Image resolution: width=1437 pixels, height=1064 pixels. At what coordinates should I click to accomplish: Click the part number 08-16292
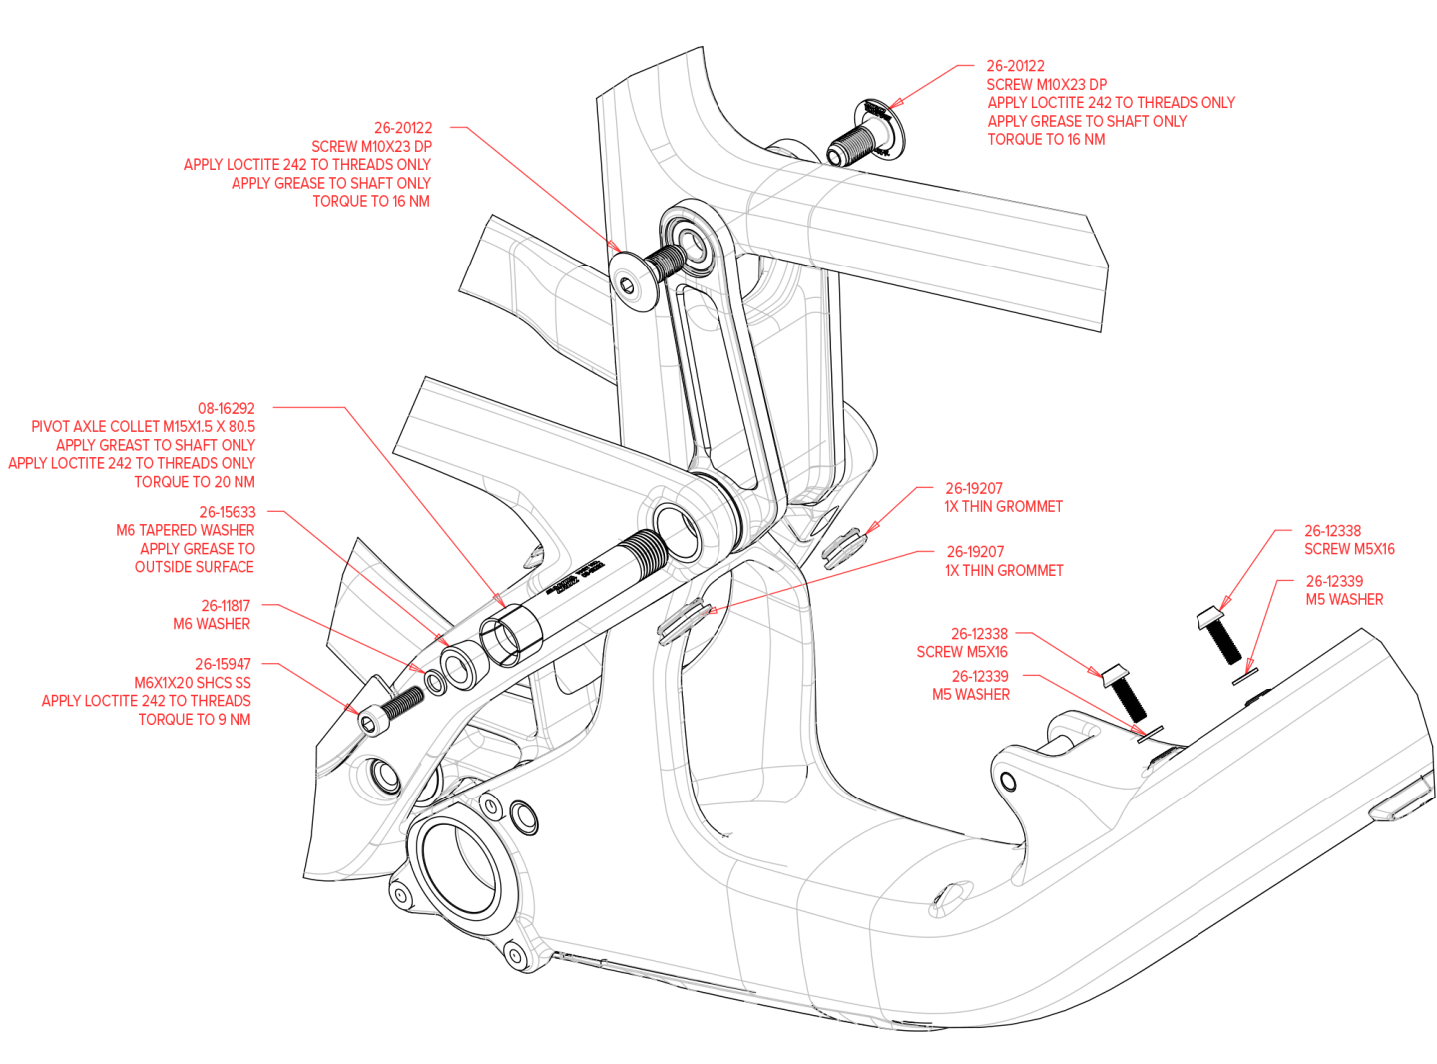coord(226,408)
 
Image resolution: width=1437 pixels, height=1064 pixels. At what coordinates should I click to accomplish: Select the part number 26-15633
coord(227,512)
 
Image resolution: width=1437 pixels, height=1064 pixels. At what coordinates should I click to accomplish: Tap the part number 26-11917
coord(226,606)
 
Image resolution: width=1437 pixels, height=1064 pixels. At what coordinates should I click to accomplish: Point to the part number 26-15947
coord(223,664)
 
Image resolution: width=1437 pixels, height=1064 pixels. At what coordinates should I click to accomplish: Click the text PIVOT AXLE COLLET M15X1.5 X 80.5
coord(143,426)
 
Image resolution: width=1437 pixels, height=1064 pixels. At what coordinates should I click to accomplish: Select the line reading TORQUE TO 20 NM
coord(195,482)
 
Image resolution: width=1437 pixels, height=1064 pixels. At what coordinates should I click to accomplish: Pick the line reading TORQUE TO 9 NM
coord(195,720)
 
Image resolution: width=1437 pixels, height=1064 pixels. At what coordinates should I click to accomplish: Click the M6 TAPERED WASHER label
coord(186,530)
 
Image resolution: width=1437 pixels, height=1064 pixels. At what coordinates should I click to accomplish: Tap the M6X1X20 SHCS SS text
coord(193,683)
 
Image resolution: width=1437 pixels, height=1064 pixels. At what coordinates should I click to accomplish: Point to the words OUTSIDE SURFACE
coord(195,567)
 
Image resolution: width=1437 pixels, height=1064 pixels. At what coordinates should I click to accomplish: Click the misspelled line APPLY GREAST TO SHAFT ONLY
coord(156,445)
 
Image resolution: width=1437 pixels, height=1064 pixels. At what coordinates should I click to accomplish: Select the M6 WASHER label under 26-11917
coord(212,624)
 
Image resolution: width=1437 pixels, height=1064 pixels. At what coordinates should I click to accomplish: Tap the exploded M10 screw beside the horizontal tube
coord(860,139)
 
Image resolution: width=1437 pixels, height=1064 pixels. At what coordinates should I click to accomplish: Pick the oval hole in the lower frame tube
coord(949,898)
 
